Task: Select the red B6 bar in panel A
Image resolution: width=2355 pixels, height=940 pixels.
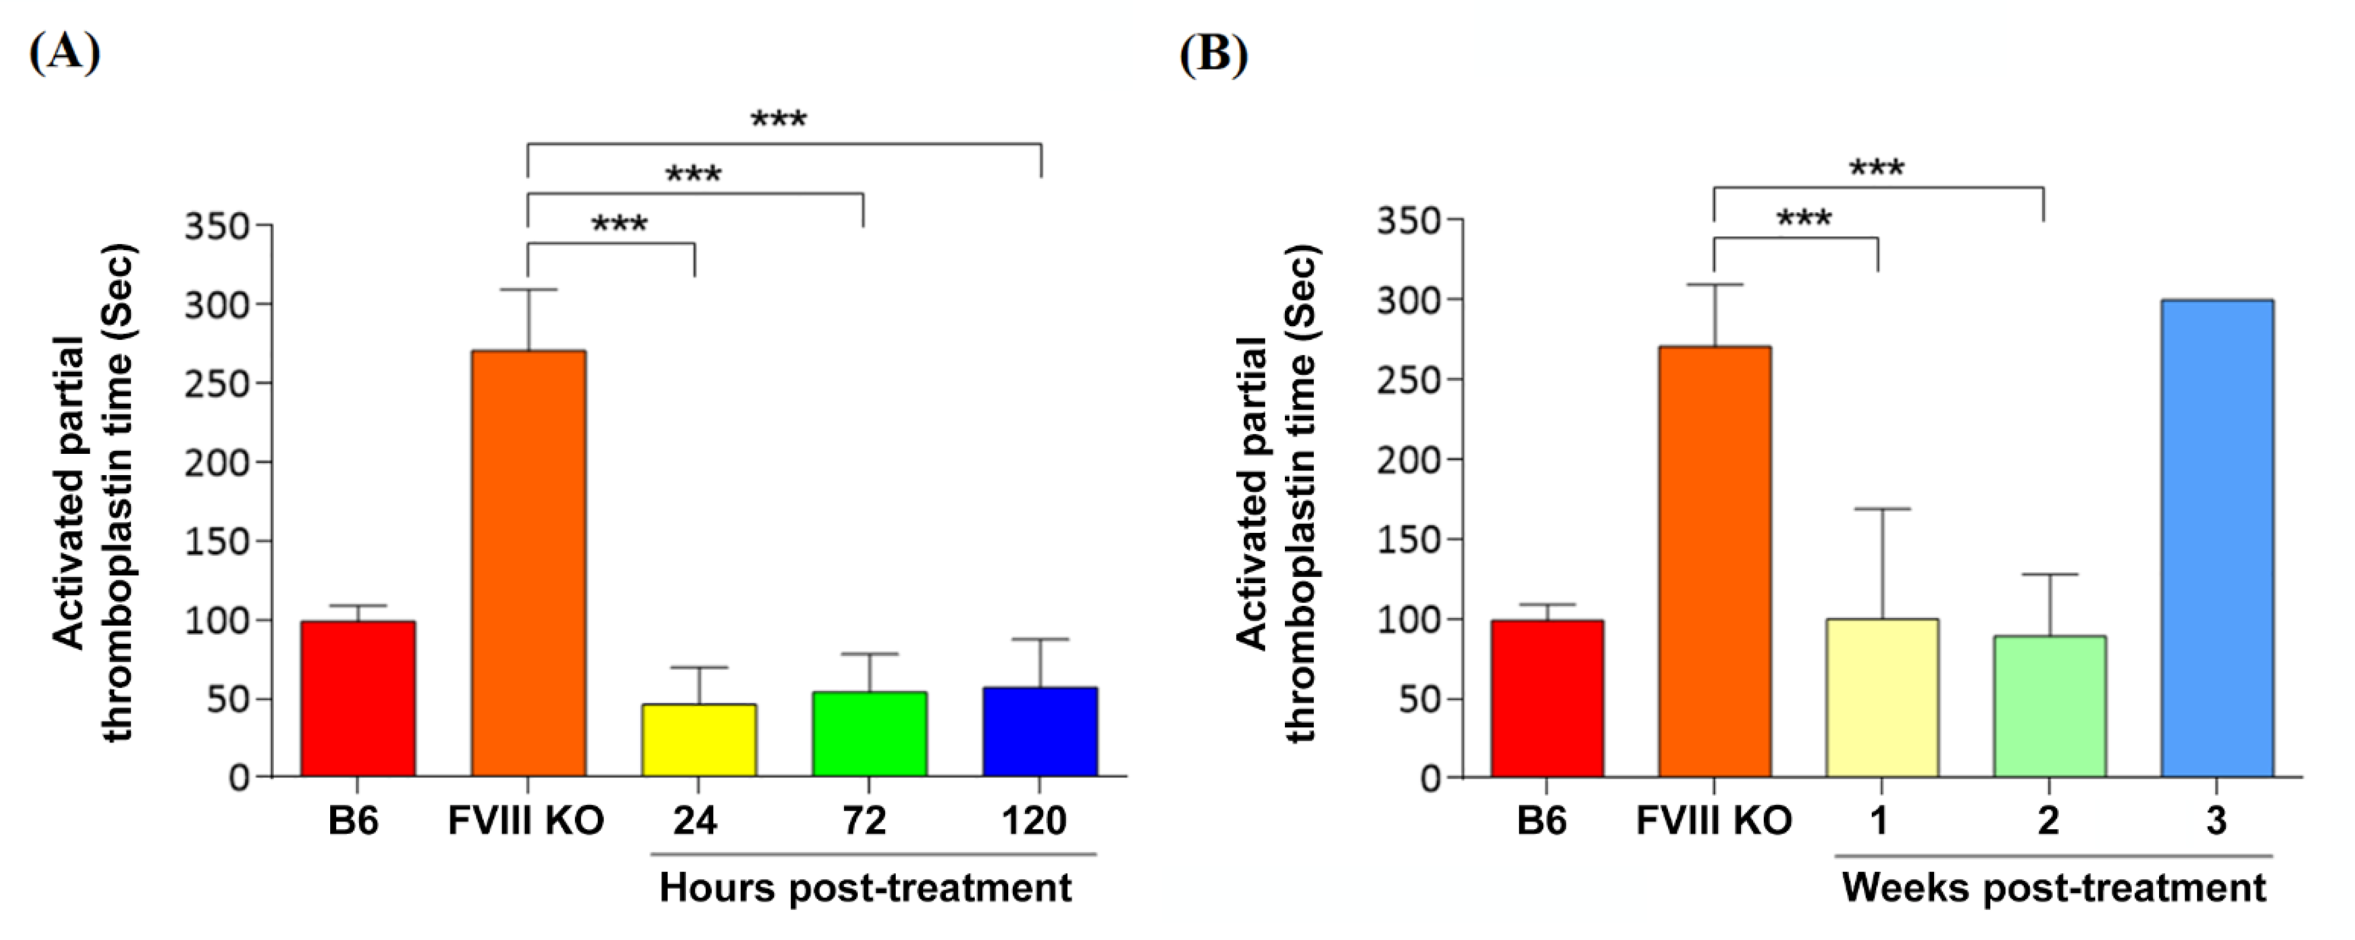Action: pos(359,699)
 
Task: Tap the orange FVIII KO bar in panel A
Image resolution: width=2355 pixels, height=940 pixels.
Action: pos(528,563)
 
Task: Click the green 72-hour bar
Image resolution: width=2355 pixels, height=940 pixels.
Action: pos(870,735)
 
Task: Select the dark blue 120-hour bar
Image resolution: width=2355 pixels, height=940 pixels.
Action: pos(1041,732)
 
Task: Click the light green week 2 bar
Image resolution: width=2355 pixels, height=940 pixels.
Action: pos(2050,706)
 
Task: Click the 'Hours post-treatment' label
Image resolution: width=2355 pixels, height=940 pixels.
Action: pos(865,888)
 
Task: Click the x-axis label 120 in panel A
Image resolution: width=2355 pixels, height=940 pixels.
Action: pos(1034,820)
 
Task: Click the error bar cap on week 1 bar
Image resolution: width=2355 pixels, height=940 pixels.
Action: pos(1882,508)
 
